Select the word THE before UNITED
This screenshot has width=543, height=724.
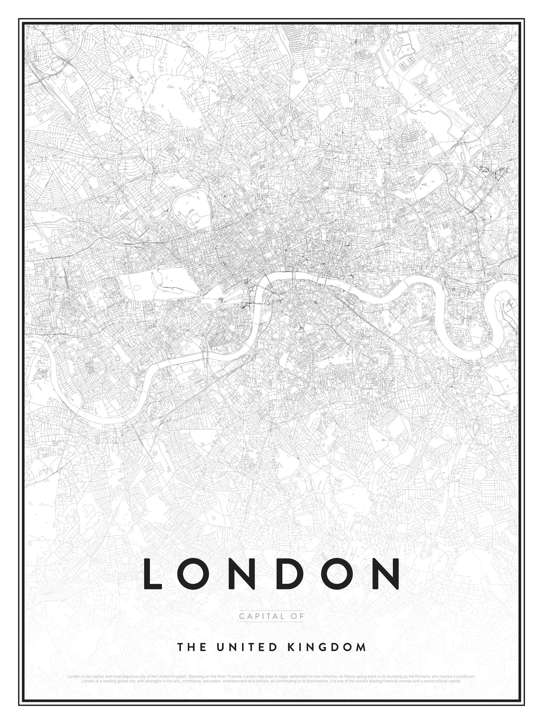(x=191, y=647)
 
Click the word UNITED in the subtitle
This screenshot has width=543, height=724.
(x=246, y=647)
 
